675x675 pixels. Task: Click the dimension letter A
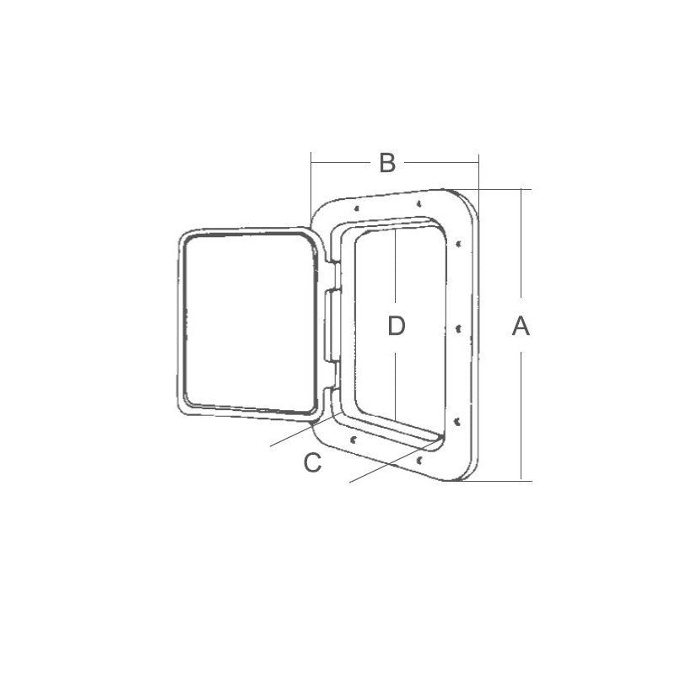pyautogui.click(x=521, y=326)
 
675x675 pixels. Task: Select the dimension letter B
pyautogui.click(x=386, y=163)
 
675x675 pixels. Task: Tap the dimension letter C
pyautogui.click(x=312, y=462)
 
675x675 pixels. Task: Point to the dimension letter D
pyautogui.click(x=397, y=326)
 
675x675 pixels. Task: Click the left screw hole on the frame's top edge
pyautogui.click(x=358, y=208)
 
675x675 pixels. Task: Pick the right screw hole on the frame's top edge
pyautogui.click(x=420, y=202)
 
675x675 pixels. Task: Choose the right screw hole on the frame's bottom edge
pyautogui.click(x=419, y=460)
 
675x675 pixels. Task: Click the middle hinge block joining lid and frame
pyautogui.click(x=329, y=325)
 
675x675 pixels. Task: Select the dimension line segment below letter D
pyautogui.click(x=397, y=380)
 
